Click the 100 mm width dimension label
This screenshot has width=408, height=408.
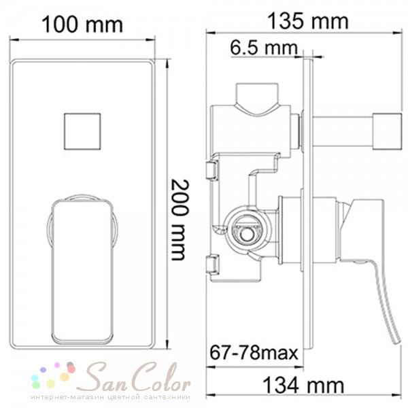tap(82, 24)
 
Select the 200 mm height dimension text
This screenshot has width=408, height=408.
tap(180, 220)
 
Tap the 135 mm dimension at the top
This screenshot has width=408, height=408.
tap(308, 21)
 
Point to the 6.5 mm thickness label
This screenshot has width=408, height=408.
tap(264, 48)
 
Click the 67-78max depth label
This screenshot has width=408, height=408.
tap(254, 352)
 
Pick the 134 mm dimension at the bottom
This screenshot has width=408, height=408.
tap(303, 386)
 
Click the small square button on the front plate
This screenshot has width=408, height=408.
tap(82, 131)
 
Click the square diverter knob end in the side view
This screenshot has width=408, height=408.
tap(387, 132)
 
